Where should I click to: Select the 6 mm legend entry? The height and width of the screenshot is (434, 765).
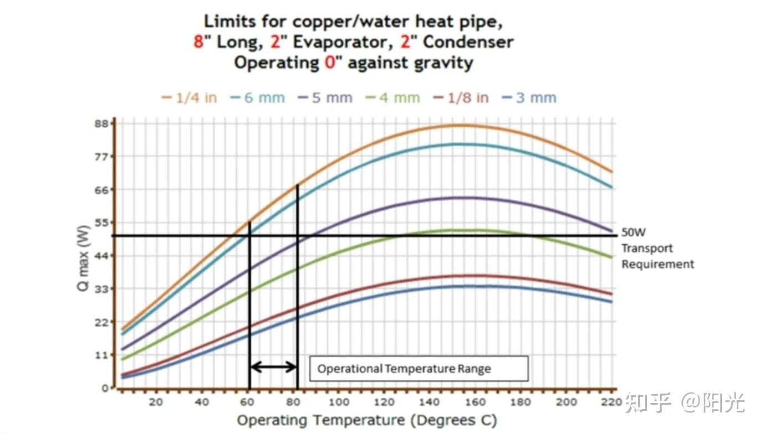(x=257, y=98)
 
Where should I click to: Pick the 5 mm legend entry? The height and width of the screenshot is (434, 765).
(x=325, y=98)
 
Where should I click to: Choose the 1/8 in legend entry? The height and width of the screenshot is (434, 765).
(x=461, y=98)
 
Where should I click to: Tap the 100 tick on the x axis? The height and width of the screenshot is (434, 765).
(x=339, y=402)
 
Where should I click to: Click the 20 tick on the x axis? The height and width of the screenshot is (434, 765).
(x=156, y=402)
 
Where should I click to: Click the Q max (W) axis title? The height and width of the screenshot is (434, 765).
(x=83, y=255)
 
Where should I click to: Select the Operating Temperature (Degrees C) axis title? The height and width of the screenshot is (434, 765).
(x=366, y=420)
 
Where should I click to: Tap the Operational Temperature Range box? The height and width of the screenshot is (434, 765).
(x=419, y=368)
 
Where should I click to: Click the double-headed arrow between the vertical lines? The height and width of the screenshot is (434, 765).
(x=273, y=366)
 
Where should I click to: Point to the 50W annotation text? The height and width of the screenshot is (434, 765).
(x=634, y=233)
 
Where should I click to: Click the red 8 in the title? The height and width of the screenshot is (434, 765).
(x=198, y=42)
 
